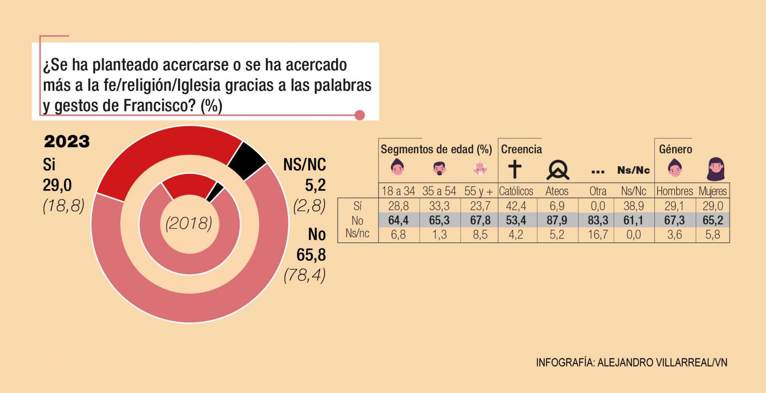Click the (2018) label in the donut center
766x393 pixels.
189,223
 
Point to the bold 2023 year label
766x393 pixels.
67,142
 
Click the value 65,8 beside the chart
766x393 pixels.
311,255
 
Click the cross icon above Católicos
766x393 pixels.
514,170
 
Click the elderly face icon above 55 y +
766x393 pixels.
480,170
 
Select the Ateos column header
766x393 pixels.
557,191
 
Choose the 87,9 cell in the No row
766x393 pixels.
557,220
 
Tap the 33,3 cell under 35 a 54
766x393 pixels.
438,205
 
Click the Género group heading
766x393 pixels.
675,150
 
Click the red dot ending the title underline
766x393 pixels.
360,115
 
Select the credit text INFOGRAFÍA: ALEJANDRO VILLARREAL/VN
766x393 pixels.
631,363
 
